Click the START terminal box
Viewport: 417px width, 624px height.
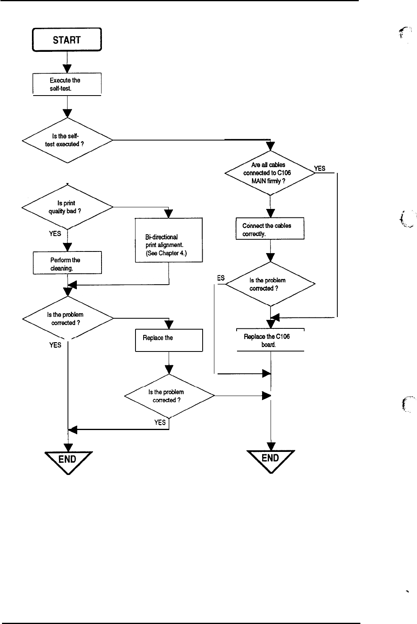point(67,40)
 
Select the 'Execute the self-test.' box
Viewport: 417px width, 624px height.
point(67,84)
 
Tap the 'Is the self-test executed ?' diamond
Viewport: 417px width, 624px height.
point(67,140)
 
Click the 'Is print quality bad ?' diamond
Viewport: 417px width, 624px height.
point(67,207)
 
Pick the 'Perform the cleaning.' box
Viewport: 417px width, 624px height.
point(67,263)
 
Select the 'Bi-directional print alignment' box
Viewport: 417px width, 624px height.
point(169,241)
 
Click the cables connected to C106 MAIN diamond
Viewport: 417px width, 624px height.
point(270,173)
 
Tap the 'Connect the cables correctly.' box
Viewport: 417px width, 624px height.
point(270,229)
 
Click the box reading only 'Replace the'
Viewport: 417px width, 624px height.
point(169,340)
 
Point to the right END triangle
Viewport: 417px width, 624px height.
point(271,460)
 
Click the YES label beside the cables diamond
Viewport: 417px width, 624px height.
point(320,168)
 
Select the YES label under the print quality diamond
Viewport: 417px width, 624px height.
point(55,234)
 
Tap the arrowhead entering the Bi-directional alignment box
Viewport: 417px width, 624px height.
point(169,213)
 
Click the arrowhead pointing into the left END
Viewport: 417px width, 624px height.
point(68,447)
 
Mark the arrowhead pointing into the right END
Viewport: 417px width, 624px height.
point(270,447)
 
